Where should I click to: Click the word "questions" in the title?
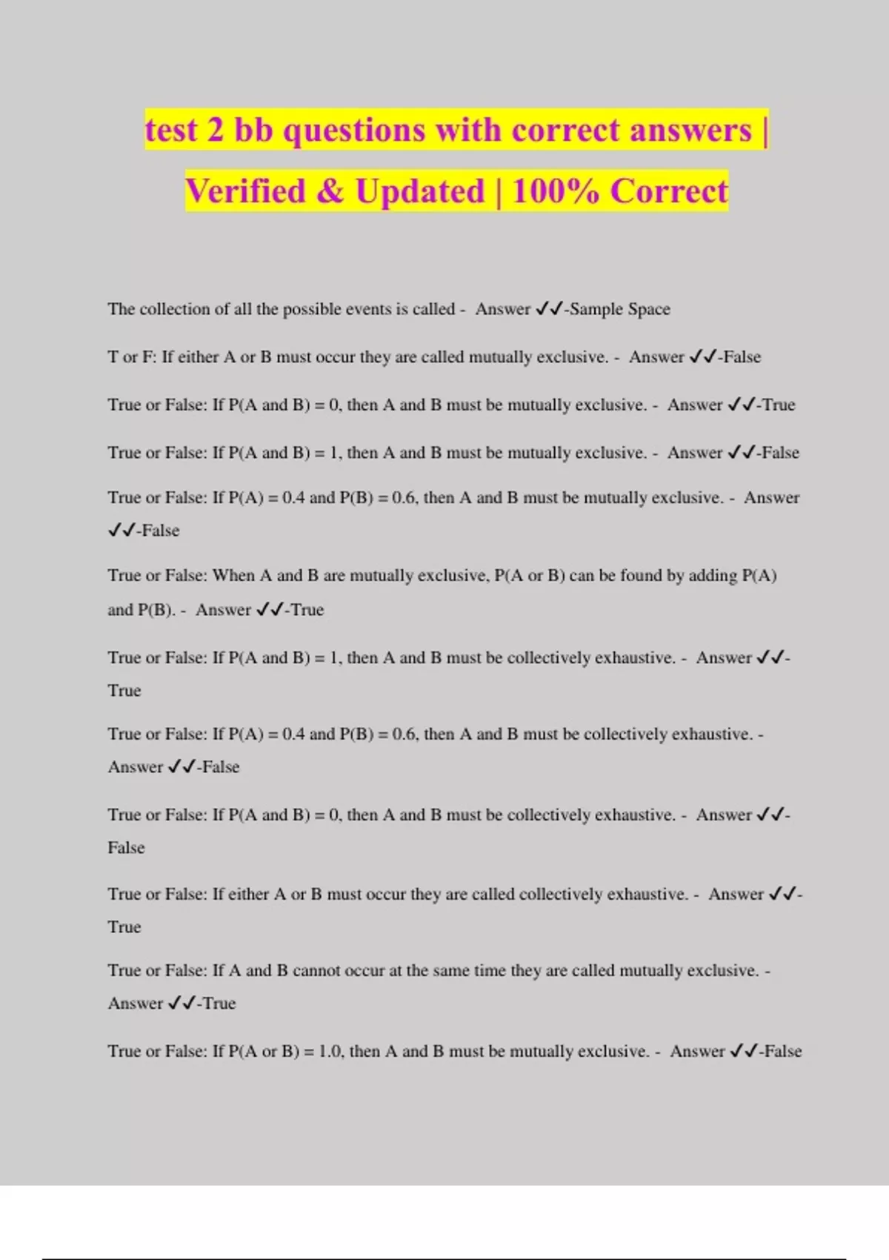[354, 131]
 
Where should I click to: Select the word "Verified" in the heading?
[245, 192]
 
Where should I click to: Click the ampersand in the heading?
[330, 192]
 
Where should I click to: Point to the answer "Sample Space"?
[620, 309]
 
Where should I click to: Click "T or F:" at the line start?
[132, 357]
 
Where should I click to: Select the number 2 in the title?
[215, 131]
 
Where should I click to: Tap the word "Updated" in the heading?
[419, 192]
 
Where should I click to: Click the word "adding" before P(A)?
[713, 576]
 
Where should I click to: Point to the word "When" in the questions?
[233, 576]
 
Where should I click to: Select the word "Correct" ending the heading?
[669, 192]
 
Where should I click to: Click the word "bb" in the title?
[253, 131]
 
